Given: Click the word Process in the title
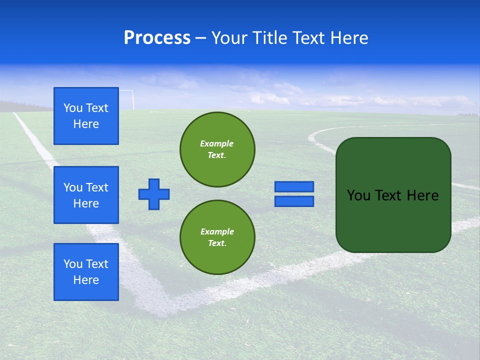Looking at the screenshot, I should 157,38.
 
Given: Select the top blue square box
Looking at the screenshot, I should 86,116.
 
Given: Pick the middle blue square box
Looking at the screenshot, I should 86,195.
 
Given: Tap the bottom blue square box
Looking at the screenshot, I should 86,272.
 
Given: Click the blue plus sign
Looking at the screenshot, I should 154,194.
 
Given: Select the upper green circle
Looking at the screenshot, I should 217,149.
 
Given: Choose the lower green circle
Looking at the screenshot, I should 217,237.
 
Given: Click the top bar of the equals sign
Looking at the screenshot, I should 294,187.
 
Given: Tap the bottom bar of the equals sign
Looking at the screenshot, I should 294,201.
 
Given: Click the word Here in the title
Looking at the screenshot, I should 349,38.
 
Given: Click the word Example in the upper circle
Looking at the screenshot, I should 216,143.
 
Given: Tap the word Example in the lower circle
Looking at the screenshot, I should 217,231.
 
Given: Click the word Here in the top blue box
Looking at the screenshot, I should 86,124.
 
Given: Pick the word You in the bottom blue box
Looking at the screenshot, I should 72,264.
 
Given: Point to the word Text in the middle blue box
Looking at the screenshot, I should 97,187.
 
